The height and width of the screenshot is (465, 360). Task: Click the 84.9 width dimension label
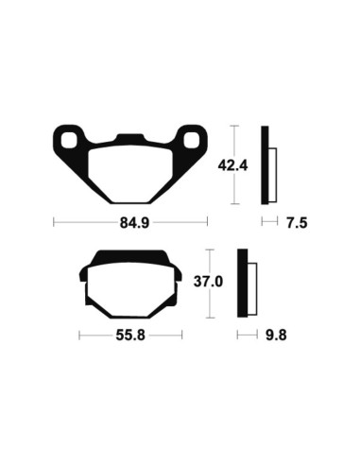129,223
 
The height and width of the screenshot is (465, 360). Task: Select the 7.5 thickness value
297,223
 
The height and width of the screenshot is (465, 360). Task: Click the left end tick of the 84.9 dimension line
54,223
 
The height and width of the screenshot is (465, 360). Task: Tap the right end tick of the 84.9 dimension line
205,223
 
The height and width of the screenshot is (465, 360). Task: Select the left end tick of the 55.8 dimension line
79,336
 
